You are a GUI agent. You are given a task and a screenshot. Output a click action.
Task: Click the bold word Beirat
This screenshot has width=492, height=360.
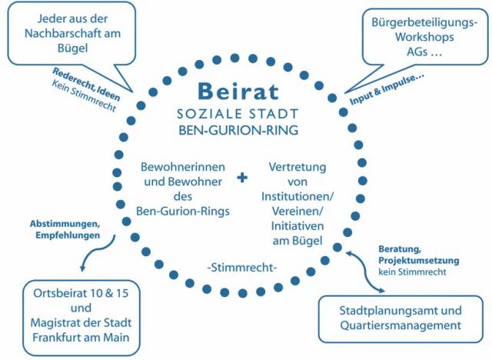click(238, 91)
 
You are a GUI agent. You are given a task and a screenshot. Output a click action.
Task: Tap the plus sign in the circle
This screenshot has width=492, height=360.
click(242, 178)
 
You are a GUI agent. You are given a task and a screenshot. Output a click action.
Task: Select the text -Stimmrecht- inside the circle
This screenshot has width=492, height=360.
click(242, 268)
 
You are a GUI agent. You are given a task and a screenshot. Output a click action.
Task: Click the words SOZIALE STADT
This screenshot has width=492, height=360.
click(238, 114)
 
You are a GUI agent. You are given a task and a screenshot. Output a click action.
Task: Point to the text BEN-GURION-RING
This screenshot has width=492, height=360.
click(238, 130)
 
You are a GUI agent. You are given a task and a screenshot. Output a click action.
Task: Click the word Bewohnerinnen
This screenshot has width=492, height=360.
click(183, 167)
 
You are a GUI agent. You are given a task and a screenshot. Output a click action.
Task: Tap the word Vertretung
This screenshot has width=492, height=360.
click(298, 167)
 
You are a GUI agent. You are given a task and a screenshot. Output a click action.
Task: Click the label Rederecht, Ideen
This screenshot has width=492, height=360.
click(86, 84)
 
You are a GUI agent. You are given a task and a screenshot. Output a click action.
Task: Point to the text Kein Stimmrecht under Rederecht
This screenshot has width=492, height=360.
click(84, 96)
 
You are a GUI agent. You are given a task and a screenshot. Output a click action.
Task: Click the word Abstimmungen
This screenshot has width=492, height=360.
click(65, 224)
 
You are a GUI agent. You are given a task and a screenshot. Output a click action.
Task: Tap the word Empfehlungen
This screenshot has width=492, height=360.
click(68, 235)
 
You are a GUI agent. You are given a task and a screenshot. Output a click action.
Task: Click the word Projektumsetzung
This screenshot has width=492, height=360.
click(418, 261)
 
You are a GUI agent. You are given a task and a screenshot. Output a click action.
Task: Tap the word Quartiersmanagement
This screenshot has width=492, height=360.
click(401, 325)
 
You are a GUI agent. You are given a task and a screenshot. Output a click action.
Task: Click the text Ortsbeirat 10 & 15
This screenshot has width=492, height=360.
click(81, 293)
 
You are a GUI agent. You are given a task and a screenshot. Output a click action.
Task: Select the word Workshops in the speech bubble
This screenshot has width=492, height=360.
click(424, 37)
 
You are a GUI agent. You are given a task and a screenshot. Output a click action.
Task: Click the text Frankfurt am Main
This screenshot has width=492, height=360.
click(81, 338)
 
